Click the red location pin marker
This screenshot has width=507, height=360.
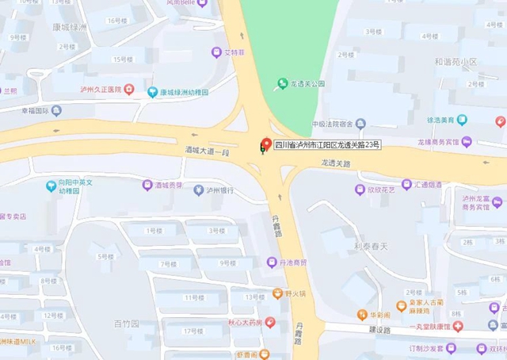[266, 144]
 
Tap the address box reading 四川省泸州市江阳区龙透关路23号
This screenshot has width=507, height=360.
[327, 145]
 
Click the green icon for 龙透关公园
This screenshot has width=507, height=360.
[281, 83]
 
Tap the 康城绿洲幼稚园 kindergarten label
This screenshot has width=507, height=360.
[184, 92]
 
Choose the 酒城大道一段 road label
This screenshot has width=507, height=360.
[208, 151]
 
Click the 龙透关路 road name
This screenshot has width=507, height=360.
[336, 162]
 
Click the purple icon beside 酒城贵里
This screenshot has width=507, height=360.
[147, 186]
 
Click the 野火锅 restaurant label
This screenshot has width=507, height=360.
[294, 293]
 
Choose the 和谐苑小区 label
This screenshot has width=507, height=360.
[456, 62]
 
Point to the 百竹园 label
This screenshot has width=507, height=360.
[126, 324]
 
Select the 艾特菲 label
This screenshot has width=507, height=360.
[235, 52]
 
